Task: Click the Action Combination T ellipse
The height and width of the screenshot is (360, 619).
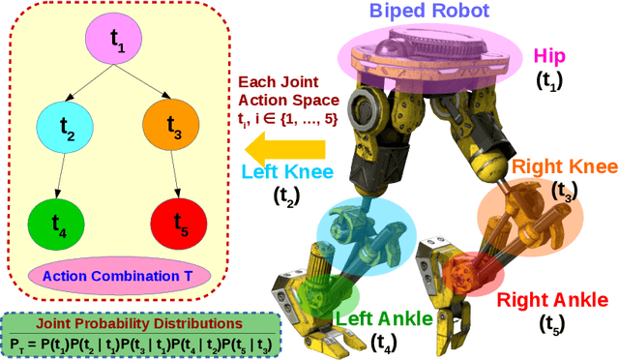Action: [x=117, y=274]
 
